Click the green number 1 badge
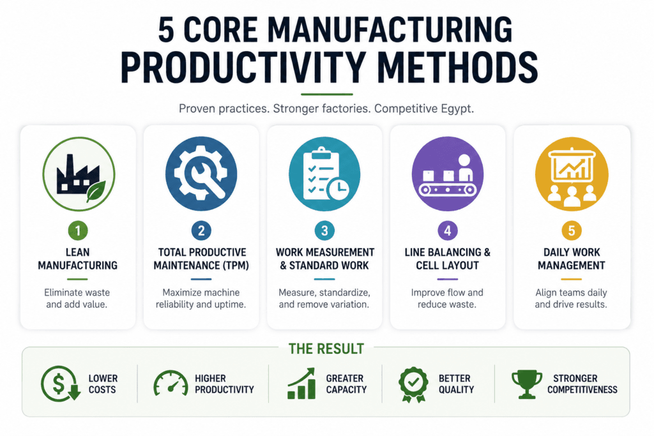[x=77, y=230]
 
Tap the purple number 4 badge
[x=448, y=230]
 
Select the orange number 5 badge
[x=572, y=230]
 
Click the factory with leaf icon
[x=79, y=174]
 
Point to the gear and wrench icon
[x=201, y=174]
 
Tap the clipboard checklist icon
[x=324, y=174]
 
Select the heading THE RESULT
[x=326, y=349]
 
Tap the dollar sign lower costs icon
[x=60, y=384]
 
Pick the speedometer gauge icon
[x=171, y=382]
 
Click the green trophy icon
[x=527, y=384]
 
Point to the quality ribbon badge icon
[x=413, y=384]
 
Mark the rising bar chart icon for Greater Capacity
[x=301, y=384]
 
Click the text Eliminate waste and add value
[x=77, y=299]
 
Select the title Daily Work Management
[x=572, y=259]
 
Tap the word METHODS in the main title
[x=457, y=68]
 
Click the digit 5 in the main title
[x=166, y=30]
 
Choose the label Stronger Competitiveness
[x=582, y=384]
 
